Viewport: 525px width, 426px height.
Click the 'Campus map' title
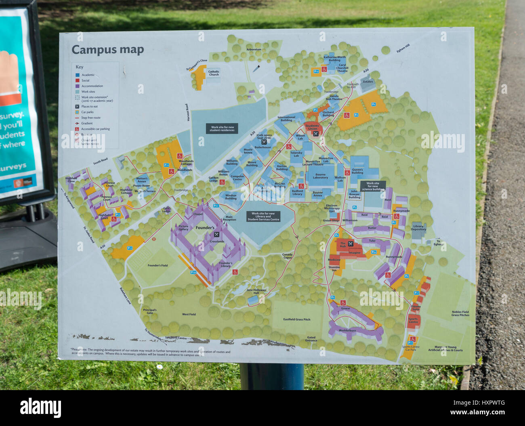107,50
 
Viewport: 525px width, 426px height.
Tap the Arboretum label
254,49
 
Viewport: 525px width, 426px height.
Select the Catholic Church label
214,73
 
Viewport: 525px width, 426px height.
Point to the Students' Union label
312,127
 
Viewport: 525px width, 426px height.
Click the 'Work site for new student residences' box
222,129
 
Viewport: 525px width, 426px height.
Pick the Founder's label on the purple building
205,228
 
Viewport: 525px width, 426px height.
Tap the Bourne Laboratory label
320,176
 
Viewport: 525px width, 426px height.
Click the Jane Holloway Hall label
256,291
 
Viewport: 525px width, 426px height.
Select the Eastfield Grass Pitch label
296,319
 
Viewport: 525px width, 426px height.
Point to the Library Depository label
418,228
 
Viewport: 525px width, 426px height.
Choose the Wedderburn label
347,330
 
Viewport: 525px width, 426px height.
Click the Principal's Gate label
149,311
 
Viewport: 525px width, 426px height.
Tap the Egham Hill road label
403,48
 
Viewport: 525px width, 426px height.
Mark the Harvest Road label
187,112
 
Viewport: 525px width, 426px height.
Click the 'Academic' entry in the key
88,75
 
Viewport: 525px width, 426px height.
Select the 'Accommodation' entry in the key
92,86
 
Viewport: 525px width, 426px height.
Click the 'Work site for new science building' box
373,186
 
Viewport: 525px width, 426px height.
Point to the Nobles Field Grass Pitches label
460,313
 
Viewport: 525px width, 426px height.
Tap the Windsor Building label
231,197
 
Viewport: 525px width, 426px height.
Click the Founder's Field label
157,265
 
